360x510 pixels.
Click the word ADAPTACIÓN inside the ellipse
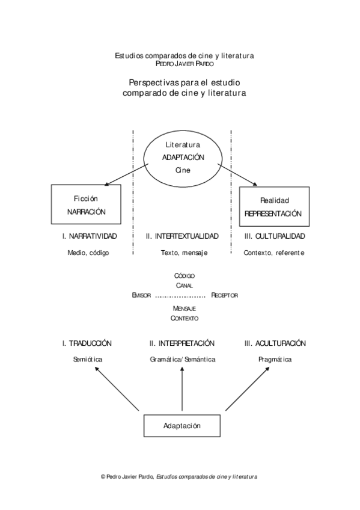click(183, 157)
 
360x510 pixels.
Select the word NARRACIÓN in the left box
click(87, 212)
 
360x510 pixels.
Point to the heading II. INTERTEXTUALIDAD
click(182, 236)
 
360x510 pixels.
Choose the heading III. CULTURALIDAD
click(275, 236)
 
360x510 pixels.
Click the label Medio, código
click(88, 253)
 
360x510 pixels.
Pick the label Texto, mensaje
click(182, 253)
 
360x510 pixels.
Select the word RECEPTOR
click(225, 295)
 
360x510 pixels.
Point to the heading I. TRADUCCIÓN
click(87, 343)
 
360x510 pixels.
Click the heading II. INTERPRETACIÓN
click(182, 343)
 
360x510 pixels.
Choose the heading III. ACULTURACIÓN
click(275, 343)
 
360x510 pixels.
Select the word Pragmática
click(275, 359)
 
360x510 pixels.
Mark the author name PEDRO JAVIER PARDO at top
click(184, 63)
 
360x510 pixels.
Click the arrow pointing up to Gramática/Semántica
click(182, 391)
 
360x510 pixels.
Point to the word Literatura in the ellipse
click(183, 145)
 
